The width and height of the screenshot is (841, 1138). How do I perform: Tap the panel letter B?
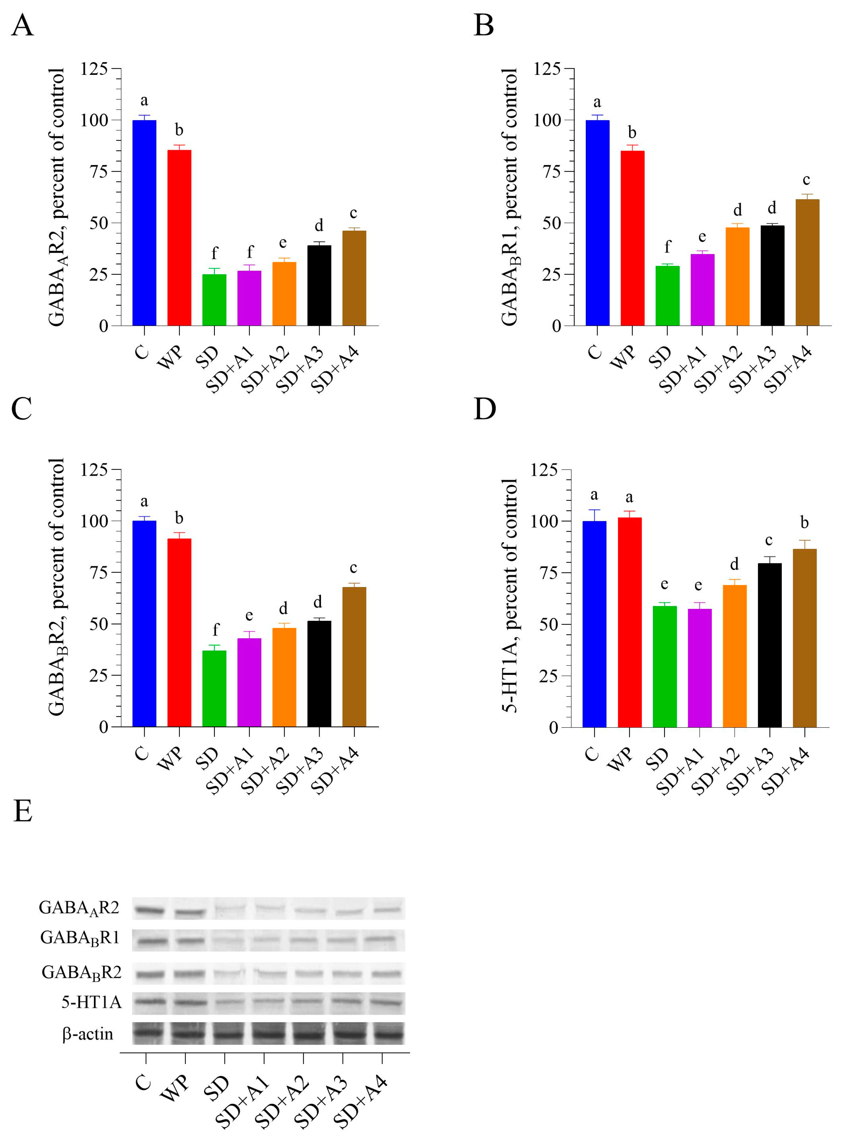pos(484,25)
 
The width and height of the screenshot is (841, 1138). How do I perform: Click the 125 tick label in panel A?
pos(94,69)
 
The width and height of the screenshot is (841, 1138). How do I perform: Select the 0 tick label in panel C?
pos(103,727)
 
